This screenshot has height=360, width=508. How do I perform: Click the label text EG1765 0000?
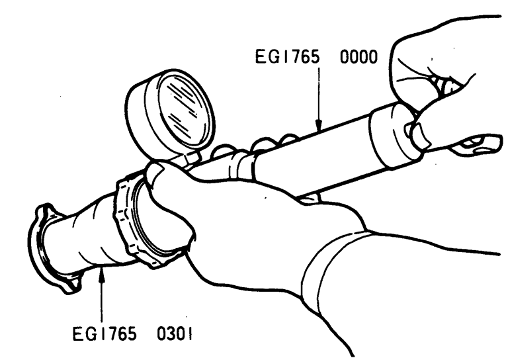[x=316, y=57]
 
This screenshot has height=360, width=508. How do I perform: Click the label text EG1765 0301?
[x=132, y=334]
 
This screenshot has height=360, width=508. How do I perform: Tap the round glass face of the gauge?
[x=185, y=109]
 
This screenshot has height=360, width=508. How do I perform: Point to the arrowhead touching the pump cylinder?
[x=319, y=124]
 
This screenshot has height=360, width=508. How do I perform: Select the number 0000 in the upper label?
[x=359, y=57]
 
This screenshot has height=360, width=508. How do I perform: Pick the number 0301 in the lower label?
[x=175, y=334]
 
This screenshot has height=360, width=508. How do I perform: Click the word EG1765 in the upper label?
[x=287, y=57]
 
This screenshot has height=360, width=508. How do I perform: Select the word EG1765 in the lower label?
[x=105, y=334]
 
